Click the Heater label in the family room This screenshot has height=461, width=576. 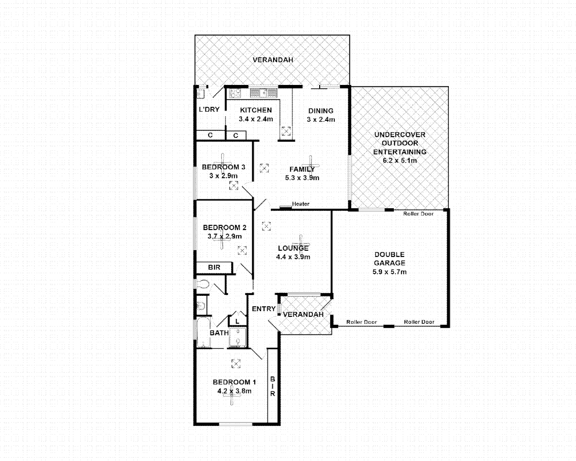tap(300, 204)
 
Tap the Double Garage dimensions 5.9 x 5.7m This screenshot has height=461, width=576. tap(389, 272)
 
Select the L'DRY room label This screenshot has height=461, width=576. tap(209, 109)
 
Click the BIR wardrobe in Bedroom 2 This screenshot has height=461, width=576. tap(214, 268)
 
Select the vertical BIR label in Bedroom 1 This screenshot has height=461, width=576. tap(273, 386)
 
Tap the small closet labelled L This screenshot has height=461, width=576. tap(237, 321)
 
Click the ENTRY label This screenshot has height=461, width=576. tap(263, 309)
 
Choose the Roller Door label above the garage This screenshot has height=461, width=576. tap(418, 214)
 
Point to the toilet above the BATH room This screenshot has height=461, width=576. tap(202, 284)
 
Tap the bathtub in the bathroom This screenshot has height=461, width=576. tap(204, 333)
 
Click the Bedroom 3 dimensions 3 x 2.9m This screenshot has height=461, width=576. tap(223, 176)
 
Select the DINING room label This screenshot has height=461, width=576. tap(321, 111)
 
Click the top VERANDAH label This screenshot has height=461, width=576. tap(273, 60)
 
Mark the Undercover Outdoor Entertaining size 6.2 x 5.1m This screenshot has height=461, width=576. tap(400, 160)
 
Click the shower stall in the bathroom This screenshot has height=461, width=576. tap(238, 338)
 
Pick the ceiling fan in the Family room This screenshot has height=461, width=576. tap(311, 163)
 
